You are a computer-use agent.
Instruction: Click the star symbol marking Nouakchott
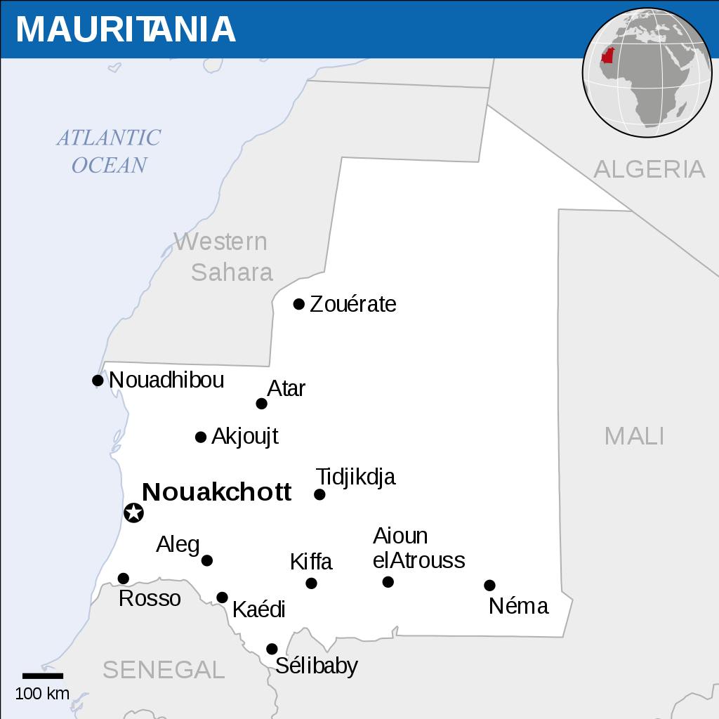pyautogui.click(x=133, y=513)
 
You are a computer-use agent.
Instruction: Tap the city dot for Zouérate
pyautogui.click(x=299, y=304)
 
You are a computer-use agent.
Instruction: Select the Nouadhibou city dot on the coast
pyautogui.click(x=98, y=381)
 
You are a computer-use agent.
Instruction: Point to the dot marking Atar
pyautogui.click(x=261, y=404)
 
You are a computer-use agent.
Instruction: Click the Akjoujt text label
pyautogui.click(x=244, y=436)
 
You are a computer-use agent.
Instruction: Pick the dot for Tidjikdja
pyautogui.click(x=319, y=494)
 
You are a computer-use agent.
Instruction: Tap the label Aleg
pyautogui.click(x=178, y=544)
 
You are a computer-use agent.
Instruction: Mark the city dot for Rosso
pyautogui.click(x=124, y=579)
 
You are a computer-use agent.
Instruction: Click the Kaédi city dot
pyautogui.click(x=222, y=598)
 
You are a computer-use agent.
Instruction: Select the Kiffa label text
pyautogui.click(x=311, y=562)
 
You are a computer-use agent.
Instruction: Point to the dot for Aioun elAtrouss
pyautogui.click(x=388, y=582)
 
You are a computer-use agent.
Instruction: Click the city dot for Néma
pyautogui.click(x=489, y=586)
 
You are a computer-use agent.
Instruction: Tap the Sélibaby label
pyautogui.click(x=316, y=666)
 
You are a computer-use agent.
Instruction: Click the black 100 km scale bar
pyautogui.click(x=43, y=676)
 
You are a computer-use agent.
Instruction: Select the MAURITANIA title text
pyautogui.click(x=125, y=29)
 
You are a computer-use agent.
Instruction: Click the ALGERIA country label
pyautogui.click(x=649, y=169)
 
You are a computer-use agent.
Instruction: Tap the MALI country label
pyautogui.click(x=634, y=436)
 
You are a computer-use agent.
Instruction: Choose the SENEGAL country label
pyautogui.click(x=164, y=669)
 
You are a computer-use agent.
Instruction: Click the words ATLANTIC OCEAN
pyautogui.click(x=109, y=151)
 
